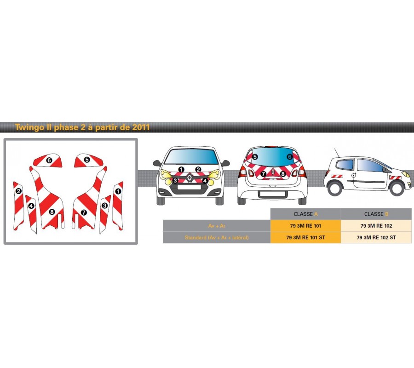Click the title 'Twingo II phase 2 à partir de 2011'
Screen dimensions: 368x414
click(x=82, y=127)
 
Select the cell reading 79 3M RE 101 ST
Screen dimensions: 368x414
click(x=306, y=237)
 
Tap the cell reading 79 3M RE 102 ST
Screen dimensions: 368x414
click(x=376, y=237)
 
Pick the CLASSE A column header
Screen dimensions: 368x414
click(x=306, y=214)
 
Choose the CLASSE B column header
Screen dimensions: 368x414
click(x=376, y=214)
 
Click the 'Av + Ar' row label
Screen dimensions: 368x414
click(x=217, y=226)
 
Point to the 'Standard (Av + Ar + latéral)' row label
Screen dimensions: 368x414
click(x=217, y=237)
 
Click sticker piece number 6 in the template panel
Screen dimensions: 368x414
click(x=49, y=160)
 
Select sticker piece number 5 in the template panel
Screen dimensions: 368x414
click(x=86, y=160)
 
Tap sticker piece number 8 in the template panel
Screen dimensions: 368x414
click(x=52, y=212)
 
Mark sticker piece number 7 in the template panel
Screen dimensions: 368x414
click(x=83, y=213)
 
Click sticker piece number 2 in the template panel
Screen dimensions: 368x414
click(x=18, y=191)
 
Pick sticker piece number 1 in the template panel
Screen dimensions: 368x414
click(x=118, y=191)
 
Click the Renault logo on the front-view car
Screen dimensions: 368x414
click(x=190, y=178)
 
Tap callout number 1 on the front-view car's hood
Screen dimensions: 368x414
click(x=181, y=169)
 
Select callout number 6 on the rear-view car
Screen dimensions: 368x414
click(x=290, y=157)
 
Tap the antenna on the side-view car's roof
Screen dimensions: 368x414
click(x=337, y=152)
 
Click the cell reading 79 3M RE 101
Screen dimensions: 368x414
click(x=306, y=226)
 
